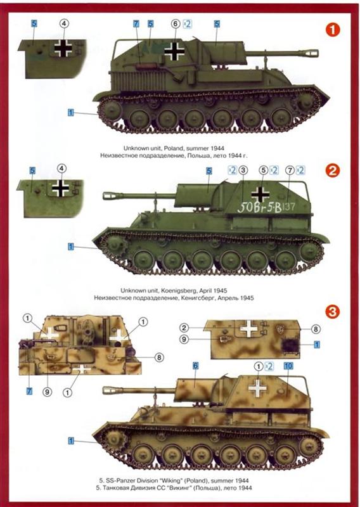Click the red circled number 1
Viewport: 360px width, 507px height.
tap(333, 30)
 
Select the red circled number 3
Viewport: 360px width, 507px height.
tap(333, 312)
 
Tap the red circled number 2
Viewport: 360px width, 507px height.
tap(333, 170)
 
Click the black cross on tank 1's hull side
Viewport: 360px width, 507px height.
tap(174, 51)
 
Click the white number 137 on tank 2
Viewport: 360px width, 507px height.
tap(289, 207)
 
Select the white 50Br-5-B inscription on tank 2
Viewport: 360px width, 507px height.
tap(259, 207)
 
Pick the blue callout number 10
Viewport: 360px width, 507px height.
tap(288, 366)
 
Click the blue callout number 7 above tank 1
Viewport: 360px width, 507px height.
tap(136, 23)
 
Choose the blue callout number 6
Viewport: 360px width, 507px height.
tap(195, 366)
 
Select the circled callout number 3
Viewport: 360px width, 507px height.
tap(243, 170)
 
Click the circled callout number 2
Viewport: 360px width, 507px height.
tap(184, 328)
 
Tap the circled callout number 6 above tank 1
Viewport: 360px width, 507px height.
tap(176, 23)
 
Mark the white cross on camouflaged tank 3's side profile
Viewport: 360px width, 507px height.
tap(257, 388)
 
